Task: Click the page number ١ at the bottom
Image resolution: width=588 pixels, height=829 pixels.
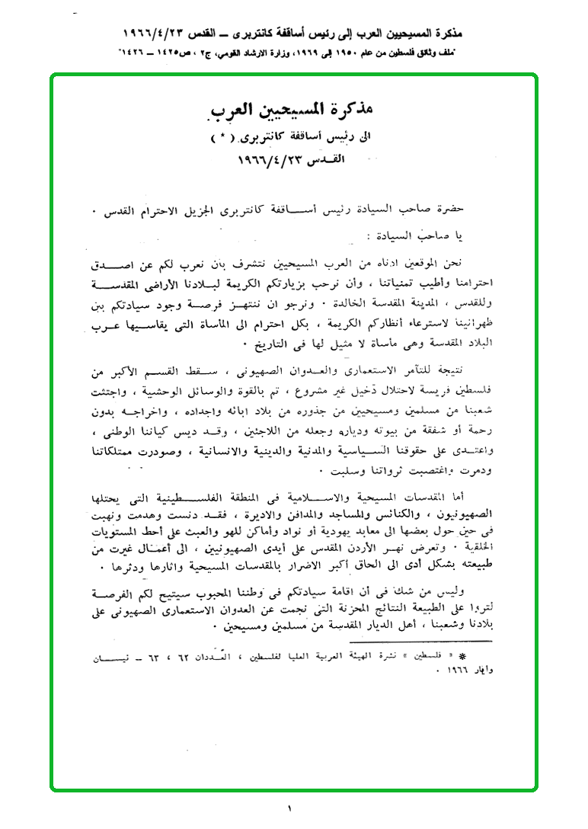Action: coord(290,808)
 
